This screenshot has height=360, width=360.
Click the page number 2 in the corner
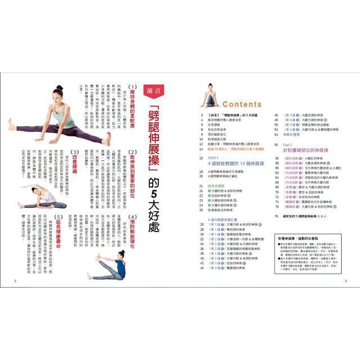346,281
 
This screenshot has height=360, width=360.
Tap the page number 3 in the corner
15,281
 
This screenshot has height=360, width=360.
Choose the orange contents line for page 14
238,149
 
